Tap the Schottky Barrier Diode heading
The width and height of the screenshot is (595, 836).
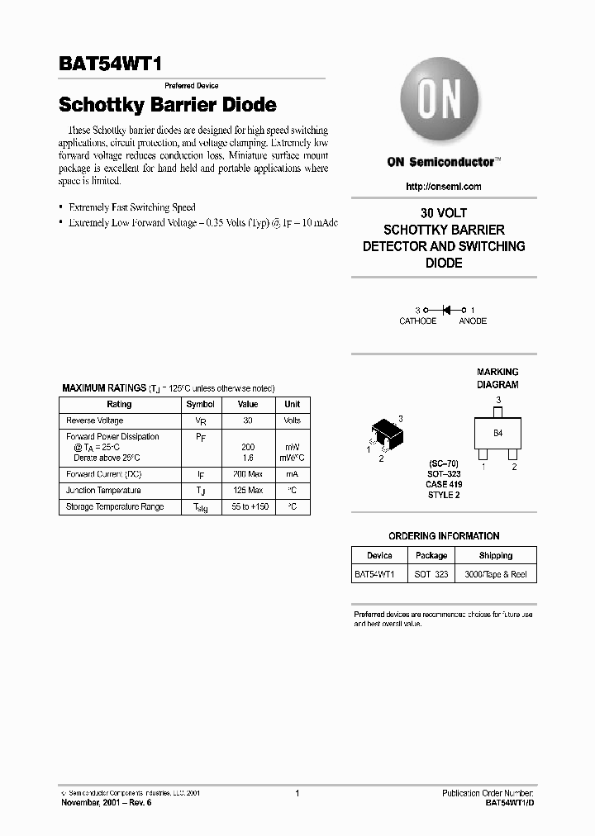coord(167,106)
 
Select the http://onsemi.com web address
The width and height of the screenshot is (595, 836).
coord(444,187)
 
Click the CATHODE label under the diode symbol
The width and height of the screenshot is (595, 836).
coord(417,321)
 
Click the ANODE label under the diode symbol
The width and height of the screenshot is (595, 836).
coord(473,321)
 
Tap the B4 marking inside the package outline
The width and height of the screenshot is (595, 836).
coord(497,433)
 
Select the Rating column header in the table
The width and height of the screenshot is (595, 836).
coord(120,405)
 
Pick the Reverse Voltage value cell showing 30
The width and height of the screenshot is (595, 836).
coord(248,420)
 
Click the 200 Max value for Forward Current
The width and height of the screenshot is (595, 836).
coord(248,474)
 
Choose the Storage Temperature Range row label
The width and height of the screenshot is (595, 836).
coord(115,506)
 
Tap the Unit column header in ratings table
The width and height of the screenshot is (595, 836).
coord(292,405)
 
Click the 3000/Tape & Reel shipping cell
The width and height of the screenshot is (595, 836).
coord(495,574)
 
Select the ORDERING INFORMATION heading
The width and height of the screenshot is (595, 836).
coord(444,536)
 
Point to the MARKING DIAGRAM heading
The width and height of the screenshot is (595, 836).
coord(497,378)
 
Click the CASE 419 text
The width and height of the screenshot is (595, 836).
coord(444,484)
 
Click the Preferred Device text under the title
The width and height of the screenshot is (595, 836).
coord(192,86)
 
